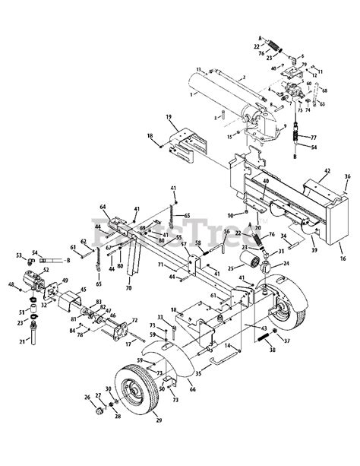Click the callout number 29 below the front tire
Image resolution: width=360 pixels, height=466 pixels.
[x=159, y=441]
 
